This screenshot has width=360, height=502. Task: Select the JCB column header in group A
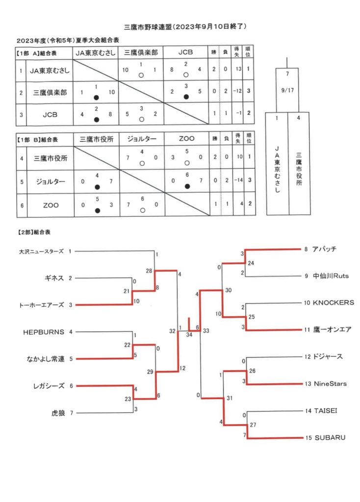[185, 52]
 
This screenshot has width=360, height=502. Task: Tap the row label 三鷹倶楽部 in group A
[50, 93]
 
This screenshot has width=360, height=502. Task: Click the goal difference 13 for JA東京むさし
[239, 69]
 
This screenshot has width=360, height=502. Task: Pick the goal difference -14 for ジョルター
[238, 180]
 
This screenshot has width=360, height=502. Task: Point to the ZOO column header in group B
[186, 139]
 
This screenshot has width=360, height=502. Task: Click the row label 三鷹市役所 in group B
[51, 158]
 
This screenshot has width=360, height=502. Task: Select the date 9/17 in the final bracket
[287, 90]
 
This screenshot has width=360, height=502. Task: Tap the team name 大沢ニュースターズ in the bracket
[41, 251]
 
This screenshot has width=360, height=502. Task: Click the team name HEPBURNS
[44, 332]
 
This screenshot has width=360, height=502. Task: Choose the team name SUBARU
[330, 438]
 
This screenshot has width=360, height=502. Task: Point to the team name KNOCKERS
[333, 302]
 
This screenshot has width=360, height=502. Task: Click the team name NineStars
[330, 383]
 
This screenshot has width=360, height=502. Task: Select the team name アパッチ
[324, 249]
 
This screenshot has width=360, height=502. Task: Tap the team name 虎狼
[58, 413]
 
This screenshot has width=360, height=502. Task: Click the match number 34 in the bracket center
[189, 334]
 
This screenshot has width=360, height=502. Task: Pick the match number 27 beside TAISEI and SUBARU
[253, 425]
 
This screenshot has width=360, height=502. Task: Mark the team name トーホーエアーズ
[42, 305]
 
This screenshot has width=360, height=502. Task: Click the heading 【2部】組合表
[34, 232]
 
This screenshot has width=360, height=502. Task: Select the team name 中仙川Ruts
[331, 276]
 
